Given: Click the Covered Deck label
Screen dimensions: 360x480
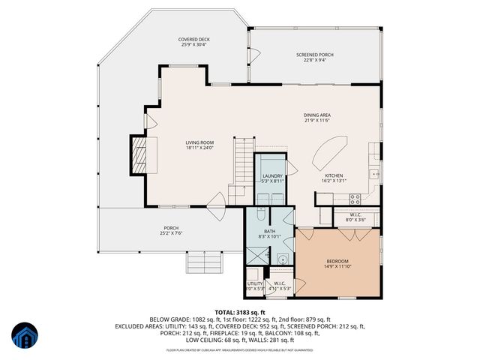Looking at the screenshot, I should tap(193, 39).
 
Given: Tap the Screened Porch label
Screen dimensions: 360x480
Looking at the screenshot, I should tap(315, 55).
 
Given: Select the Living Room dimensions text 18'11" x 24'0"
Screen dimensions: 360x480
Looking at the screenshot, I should tap(200, 148).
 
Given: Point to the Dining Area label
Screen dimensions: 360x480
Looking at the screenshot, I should tap(317, 115).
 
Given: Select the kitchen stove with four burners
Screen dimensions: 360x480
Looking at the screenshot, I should tap(355, 199).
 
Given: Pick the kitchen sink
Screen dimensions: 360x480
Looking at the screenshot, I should tap(373, 174).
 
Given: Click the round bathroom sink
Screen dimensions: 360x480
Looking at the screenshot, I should tap(282, 260).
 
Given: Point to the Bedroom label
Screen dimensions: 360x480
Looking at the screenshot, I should tap(337, 261).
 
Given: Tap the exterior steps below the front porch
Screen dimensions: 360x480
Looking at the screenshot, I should tap(206, 263).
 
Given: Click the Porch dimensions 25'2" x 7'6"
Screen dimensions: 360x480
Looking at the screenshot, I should tap(172, 233).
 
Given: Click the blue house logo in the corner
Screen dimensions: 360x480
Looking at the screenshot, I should tap(24, 337).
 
